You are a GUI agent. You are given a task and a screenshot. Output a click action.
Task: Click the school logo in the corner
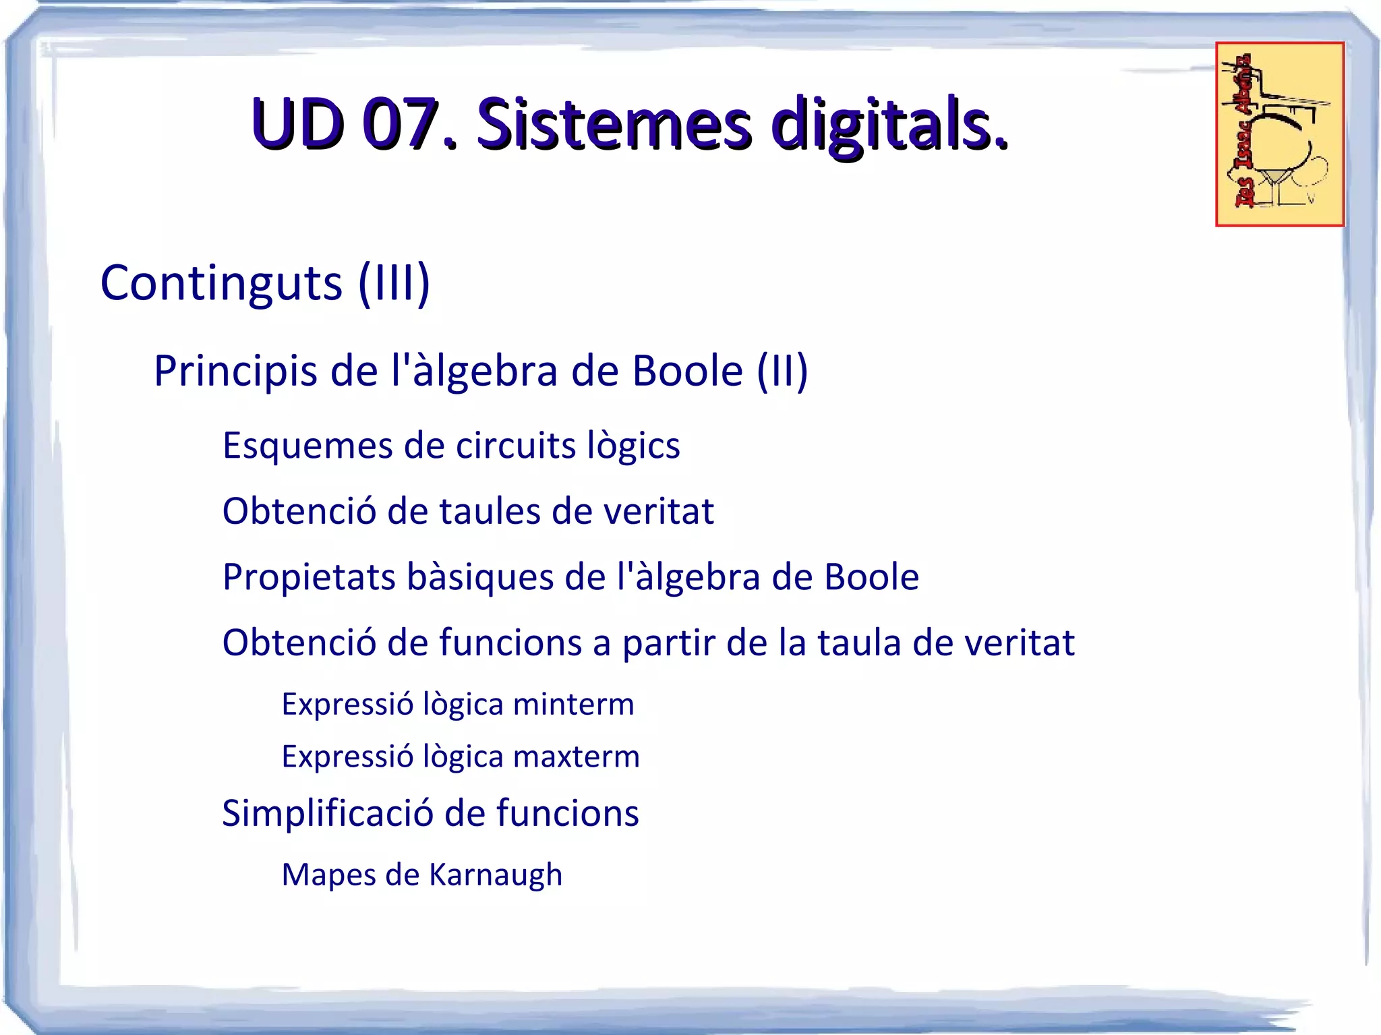pyautogui.click(x=1279, y=134)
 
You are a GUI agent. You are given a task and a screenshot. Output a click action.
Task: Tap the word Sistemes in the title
pyautogui.click(x=613, y=124)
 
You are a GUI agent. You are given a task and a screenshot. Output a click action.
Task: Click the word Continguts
pyautogui.click(x=221, y=283)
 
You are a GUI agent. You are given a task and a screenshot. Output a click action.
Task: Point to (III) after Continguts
pyautogui.click(x=394, y=283)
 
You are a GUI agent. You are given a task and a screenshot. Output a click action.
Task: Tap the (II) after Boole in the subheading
pyautogui.click(x=782, y=371)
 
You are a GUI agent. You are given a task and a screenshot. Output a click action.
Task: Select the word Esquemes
pyautogui.click(x=308, y=446)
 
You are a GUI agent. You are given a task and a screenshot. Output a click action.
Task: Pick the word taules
pyautogui.click(x=490, y=511)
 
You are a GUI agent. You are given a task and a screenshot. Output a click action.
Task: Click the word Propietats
pyautogui.click(x=309, y=577)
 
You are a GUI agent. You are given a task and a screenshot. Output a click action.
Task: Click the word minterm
pyautogui.click(x=573, y=705)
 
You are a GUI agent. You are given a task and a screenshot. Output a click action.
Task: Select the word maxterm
pyautogui.click(x=576, y=757)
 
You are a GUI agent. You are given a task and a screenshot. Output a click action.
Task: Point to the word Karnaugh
pyautogui.click(x=496, y=875)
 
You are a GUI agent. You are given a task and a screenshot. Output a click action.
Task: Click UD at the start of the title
pyautogui.click(x=297, y=124)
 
